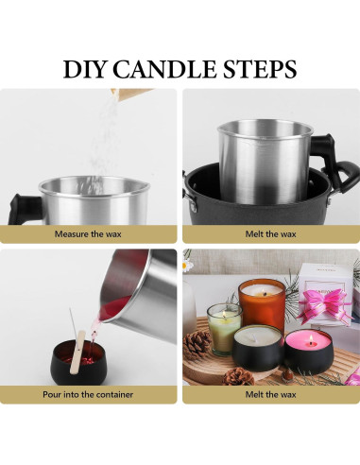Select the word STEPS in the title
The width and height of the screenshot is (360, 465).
(x=265, y=69)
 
